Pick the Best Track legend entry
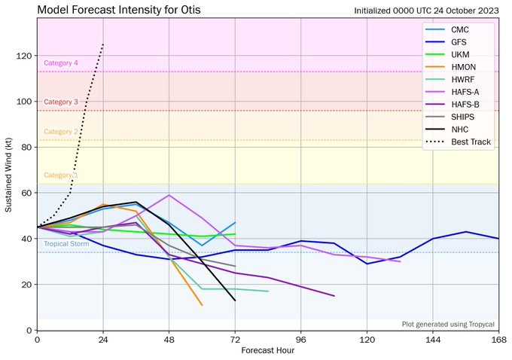[468, 142]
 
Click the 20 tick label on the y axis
[26, 285]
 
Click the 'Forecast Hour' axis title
[268, 351]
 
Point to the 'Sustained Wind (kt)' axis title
[9, 174]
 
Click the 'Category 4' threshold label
[61, 64]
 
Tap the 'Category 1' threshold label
[61, 175]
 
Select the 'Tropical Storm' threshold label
[66, 244]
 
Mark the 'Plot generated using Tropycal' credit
[449, 324]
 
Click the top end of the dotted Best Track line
[103, 44]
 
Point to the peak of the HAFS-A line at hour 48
[169, 195]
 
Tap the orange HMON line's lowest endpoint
[202, 305]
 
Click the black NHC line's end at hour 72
[235, 301]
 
